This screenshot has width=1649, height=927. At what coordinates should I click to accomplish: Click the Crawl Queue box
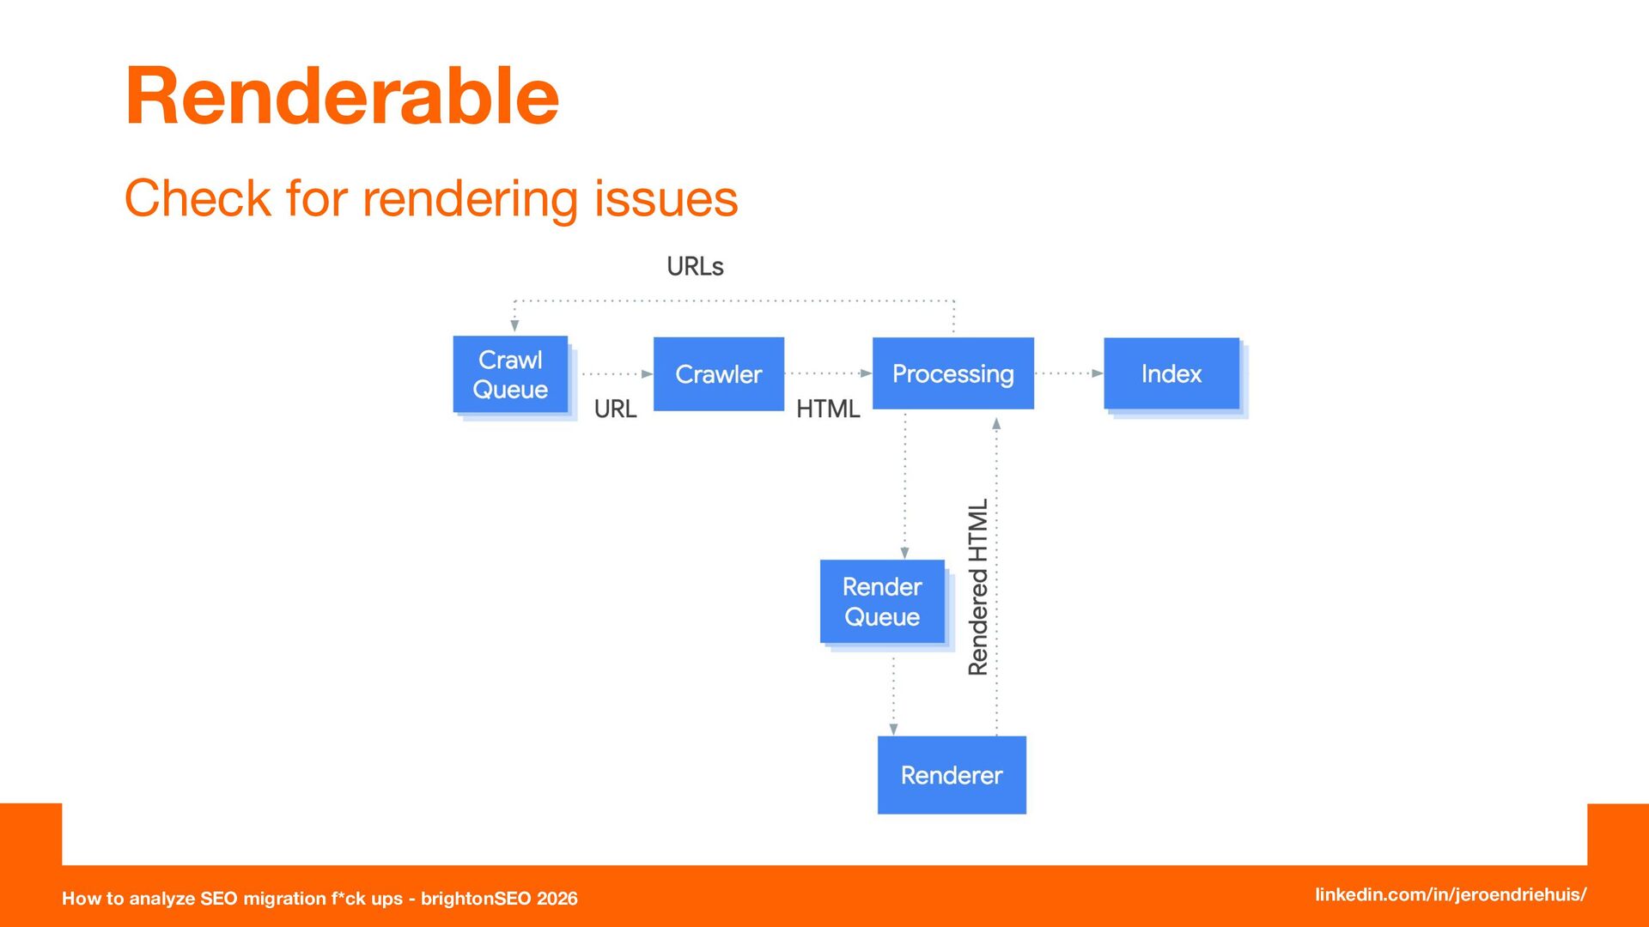[x=510, y=374]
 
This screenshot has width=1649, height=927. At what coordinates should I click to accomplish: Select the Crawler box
[x=719, y=374]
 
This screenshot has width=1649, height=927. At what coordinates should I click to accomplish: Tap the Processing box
[x=953, y=373]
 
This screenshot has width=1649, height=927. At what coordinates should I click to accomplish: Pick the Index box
[x=1171, y=373]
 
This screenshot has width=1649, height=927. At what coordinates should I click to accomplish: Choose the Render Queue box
[x=882, y=601]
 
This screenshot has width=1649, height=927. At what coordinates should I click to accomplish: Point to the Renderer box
[x=952, y=775]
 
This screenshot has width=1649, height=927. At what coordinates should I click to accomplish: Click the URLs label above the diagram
[x=696, y=267]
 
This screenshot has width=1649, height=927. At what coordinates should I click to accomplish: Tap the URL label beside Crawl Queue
[x=615, y=409]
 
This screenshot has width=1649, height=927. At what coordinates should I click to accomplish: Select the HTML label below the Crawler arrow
[x=828, y=409]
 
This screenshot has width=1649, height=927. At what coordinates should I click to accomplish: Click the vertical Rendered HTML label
[x=978, y=587]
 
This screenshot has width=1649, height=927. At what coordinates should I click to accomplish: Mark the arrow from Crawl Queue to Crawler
[x=618, y=374]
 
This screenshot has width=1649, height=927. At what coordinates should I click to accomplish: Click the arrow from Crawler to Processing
[x=829, y=373]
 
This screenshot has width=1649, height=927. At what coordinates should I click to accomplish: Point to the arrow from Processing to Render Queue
[x=904, y=486]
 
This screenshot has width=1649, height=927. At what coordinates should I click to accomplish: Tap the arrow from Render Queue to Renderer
[x=894, y=696]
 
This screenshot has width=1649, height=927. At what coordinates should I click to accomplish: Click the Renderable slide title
[x=342, y=96]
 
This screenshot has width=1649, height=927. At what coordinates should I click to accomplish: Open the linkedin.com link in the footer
[x=1451, y=894]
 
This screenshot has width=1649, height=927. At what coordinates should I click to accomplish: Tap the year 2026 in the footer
[x=557, y=899]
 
